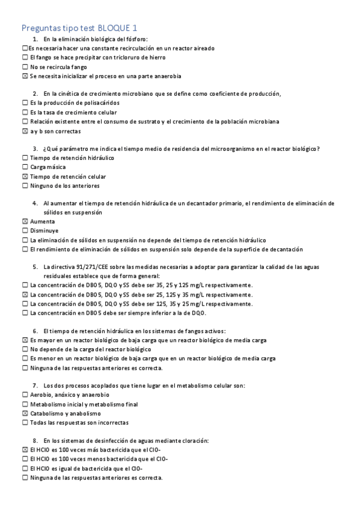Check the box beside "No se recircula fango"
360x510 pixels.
click(x=25, y=67)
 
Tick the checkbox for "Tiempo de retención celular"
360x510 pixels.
click(x=25, y=177)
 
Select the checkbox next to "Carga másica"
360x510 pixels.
click(x=25, y=167)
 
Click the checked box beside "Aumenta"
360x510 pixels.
click(x=25, y=221)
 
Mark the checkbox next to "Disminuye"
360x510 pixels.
click(x=25, y=230)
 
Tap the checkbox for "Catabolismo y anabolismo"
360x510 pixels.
click(x=25, y=414)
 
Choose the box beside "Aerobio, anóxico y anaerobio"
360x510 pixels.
click(x=25, y=395)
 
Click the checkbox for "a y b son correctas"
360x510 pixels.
click(x=25, y=131)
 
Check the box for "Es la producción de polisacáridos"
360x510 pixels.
click(x=25, y=103)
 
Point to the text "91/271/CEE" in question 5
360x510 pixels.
click(x=89, y=266)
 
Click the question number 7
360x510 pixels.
click(x=35, y=386)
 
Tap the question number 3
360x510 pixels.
click(x=35, y=149)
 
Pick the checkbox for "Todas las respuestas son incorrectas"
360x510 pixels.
click(x=25, y=423)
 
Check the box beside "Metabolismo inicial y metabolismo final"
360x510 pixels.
click(x=25, y=404)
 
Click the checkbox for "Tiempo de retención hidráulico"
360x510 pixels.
click(x=25, y=158)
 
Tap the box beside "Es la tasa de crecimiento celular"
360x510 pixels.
click(x=25, y=112)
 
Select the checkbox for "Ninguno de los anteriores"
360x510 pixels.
click(x=25, y=186)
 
